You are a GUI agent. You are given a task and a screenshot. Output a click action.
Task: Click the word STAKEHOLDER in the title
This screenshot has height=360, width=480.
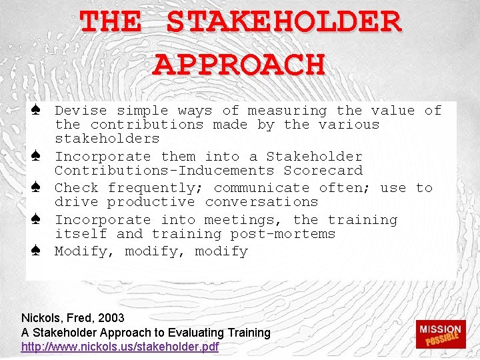(283, 22)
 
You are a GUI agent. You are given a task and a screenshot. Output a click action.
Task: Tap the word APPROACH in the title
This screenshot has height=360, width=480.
(239, 64)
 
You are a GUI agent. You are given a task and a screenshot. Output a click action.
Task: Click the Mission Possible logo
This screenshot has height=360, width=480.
(439, 335)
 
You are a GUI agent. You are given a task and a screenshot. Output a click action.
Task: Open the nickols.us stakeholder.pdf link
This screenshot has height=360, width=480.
(120, 347)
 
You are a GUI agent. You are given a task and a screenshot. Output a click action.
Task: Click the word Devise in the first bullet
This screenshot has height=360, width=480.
(81, 111)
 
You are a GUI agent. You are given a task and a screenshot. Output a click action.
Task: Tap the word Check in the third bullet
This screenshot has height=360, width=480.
(77, 188)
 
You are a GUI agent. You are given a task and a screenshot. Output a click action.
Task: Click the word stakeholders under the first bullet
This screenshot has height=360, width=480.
(107, 139)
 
